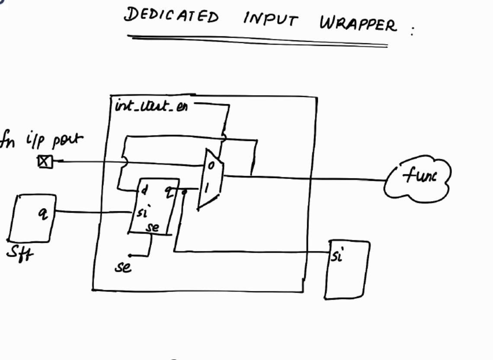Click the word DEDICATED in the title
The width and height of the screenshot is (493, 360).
coord(171,16)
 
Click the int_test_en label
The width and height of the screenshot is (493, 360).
coord(151,106)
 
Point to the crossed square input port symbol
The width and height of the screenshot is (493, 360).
coord(45,162)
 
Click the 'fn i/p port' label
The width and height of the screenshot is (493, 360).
coord(41,141)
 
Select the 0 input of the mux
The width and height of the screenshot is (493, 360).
coord(210,165)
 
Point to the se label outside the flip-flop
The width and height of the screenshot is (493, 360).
coord(123,267)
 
